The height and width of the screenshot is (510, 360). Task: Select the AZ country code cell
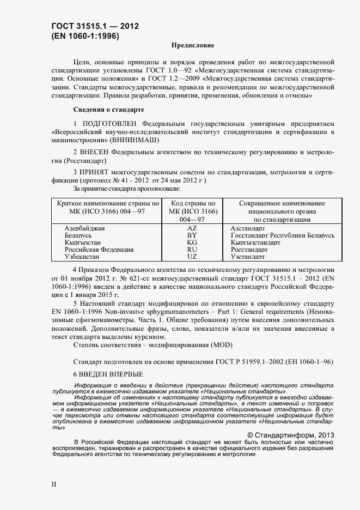point(192,228)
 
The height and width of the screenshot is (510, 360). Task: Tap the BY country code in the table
point(192,235)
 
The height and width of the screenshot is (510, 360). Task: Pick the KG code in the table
point(192,242)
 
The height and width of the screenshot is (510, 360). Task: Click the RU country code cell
point(192,250)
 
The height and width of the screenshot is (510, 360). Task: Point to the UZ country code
point(192,257)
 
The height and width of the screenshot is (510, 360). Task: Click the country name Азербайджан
point(84,228)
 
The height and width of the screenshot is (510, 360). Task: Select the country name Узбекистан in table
point(82,257)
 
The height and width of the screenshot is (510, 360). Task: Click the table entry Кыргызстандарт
point(255,242)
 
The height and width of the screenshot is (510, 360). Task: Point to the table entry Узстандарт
point(247,257)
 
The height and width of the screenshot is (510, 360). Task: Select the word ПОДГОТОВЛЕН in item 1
point(111,124)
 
